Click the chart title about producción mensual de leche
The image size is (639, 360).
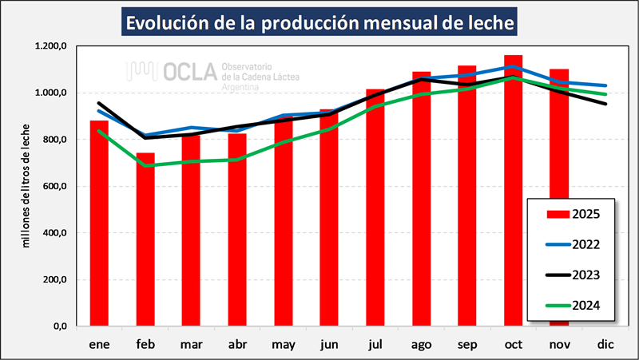point(319,23)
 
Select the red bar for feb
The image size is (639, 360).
point(145,239)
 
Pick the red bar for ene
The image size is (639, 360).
point(99,224)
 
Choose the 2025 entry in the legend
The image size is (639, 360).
point(574,214)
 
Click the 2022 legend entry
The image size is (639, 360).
point(574,244)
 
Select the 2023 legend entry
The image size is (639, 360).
point(574,275)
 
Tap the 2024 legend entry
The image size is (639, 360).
point(574,304)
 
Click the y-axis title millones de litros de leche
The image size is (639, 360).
point(26,186)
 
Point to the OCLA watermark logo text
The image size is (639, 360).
point(189,72)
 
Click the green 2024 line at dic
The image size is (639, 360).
point(605,94)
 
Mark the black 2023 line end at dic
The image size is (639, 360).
point(605,104)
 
